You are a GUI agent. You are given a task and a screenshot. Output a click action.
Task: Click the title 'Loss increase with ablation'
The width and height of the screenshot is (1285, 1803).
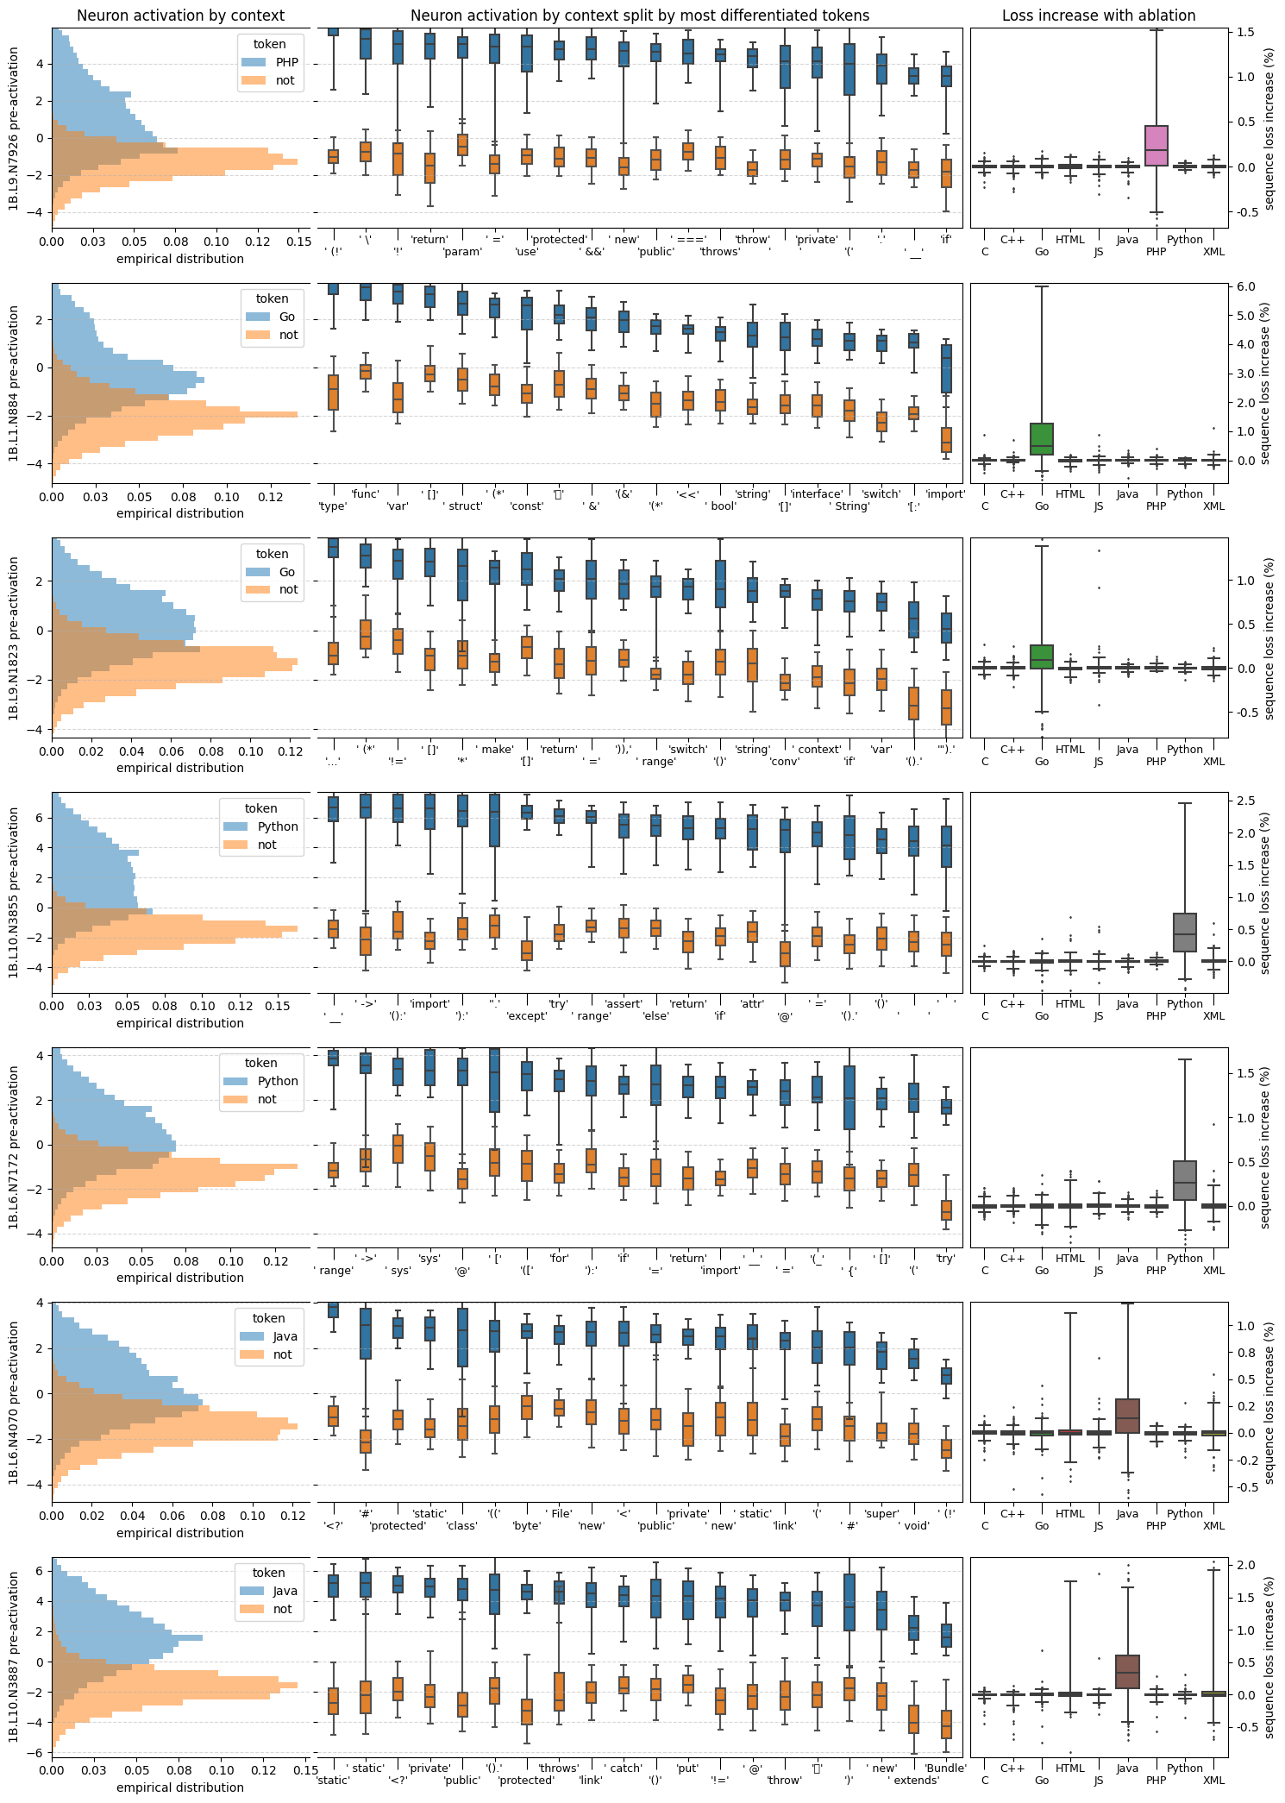[1098, 16]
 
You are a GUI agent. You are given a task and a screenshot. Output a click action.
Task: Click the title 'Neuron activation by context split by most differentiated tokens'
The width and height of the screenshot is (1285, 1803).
[640, 16]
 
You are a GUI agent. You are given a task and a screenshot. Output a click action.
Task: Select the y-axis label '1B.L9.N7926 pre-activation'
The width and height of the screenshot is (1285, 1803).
[14, 129]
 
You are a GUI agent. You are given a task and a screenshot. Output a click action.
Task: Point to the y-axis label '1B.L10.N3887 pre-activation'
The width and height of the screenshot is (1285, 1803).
[14, 1656]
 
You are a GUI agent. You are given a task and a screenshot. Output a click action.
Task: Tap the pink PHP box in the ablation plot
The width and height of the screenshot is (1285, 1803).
[1156, 146]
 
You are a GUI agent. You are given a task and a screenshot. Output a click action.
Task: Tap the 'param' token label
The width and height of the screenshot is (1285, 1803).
[462, 252]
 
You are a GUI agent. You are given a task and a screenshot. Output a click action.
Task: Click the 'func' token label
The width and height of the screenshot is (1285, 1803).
[366, 494]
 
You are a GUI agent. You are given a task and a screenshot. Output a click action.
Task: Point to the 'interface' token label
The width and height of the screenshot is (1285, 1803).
[816, 494]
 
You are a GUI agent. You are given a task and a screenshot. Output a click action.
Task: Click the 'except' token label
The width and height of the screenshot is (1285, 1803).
[527, 1016]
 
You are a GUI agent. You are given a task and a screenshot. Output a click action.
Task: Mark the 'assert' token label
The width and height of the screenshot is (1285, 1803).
[624, 1004]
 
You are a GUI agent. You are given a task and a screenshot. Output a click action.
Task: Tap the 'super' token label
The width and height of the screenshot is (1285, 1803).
[881, 1513]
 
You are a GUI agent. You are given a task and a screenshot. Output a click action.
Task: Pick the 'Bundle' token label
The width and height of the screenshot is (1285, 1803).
[945, 1768]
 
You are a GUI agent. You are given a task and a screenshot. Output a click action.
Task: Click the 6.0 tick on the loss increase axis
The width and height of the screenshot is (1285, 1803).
[1245, 286]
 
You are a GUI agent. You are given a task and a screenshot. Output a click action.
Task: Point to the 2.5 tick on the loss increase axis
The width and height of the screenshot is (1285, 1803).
[1245, 801]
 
